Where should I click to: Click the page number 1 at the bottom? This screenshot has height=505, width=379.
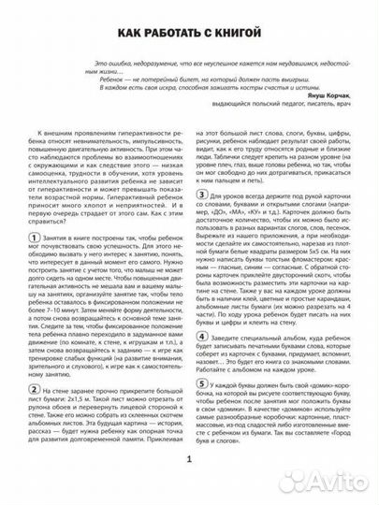189,485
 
